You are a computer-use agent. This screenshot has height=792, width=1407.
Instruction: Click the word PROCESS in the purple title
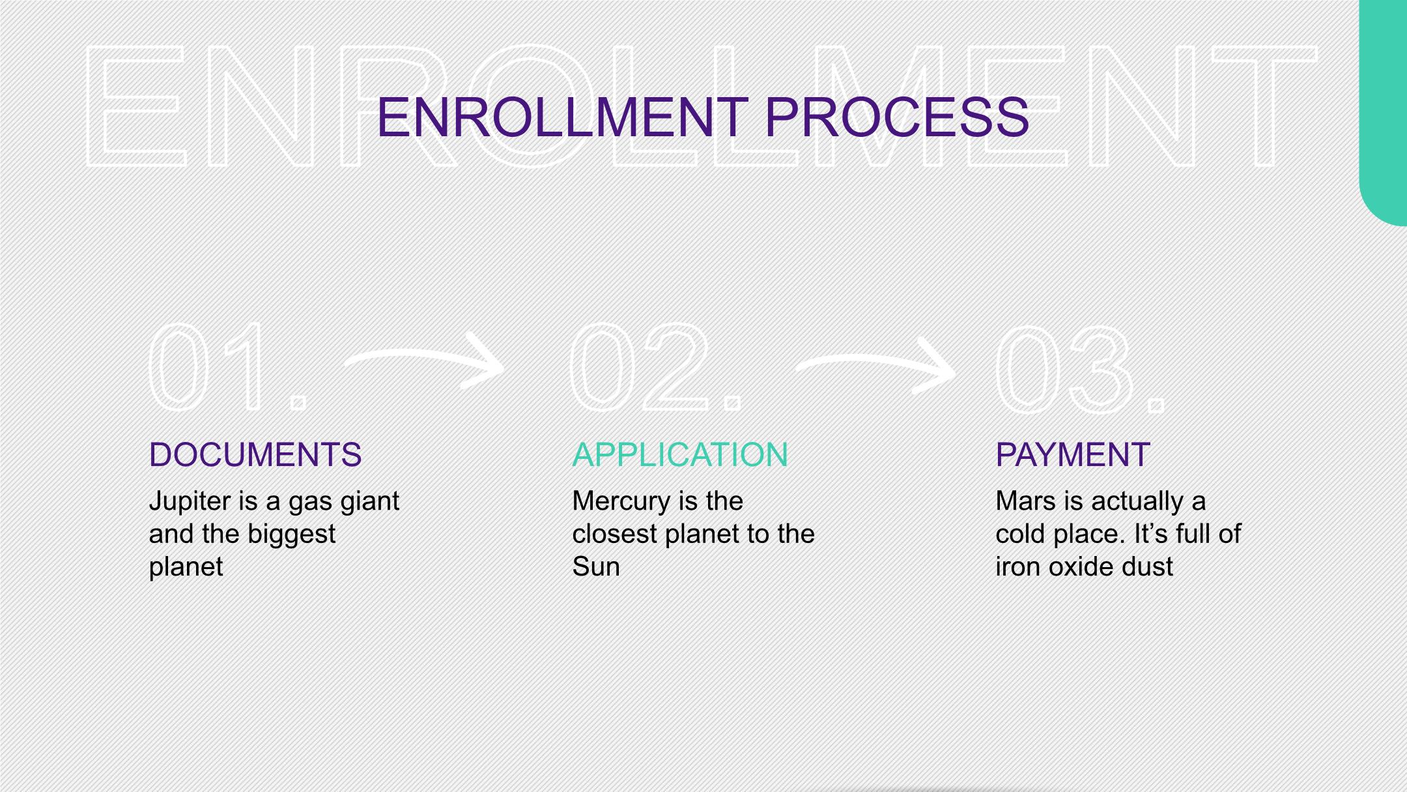[896, 118]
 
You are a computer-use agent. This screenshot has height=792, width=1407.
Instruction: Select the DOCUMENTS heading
[255, 454]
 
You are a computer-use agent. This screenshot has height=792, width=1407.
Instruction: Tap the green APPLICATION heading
[680, 454]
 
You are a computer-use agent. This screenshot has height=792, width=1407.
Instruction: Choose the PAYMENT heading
[1072, 454]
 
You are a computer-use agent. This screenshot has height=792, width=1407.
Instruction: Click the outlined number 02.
[651, 367]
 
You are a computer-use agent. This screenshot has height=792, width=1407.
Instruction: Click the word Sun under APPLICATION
[595, 566]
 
